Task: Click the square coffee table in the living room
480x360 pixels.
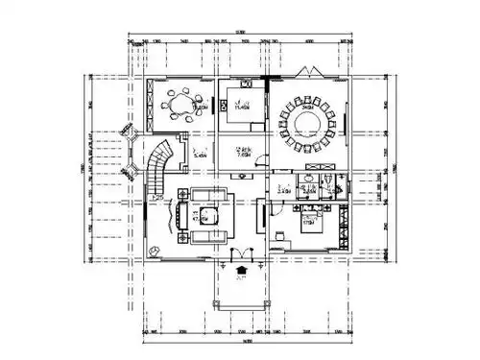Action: click(x=207, y=215)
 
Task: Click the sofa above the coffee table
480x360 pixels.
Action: click(x=208, y=195)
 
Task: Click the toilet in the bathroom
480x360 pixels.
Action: click(x=328, y=180)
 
